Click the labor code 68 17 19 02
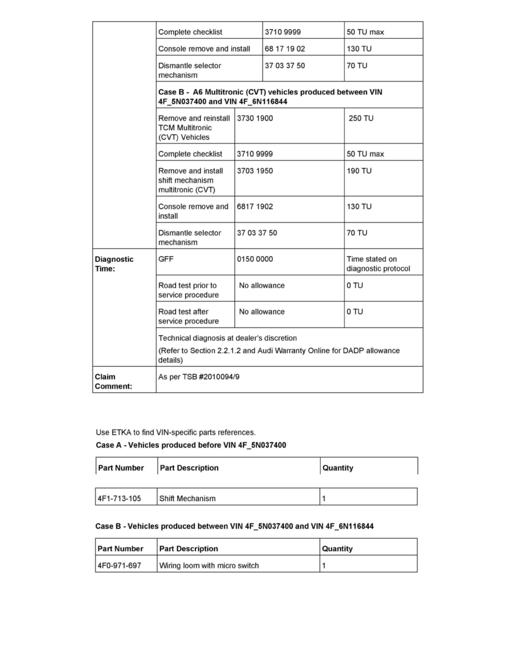point(285,49)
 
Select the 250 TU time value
point(361,118)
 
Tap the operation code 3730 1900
point(255,118)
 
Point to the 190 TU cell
point(359,171)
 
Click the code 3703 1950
point(255,171)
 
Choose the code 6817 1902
point(255,206)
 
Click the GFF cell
point(166,259)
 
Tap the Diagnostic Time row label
point(114,263)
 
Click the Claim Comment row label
point(113,381)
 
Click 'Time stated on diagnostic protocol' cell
point(378,263)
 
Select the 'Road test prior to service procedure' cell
point(188,290)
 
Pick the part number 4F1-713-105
point(119,498)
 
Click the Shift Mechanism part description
point(187,498)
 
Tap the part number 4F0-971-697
point(119,566)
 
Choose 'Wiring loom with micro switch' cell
point(209,566)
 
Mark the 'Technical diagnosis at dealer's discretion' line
point(228,338)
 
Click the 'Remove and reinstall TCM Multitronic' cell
point(194,127)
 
